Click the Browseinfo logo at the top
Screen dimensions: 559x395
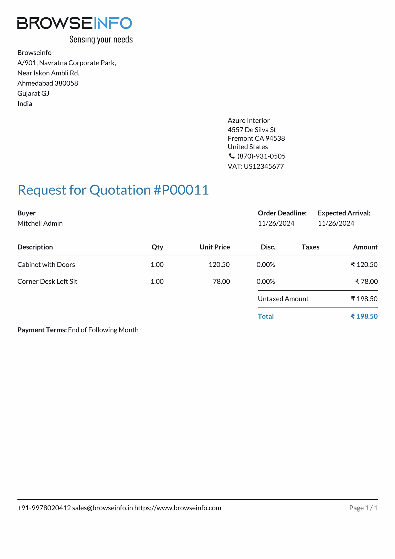(75, 23)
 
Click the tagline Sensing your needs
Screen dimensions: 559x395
(101, 39)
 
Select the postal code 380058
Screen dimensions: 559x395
(66, 83)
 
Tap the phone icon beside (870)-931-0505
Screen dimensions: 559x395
(232, 156)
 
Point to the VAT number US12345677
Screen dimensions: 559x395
(264, 166)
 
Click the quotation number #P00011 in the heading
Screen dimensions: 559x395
(181, 190)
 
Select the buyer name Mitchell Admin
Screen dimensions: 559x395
(40, 223)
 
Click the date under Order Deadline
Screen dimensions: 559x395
(276, 223)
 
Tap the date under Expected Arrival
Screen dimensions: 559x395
(336, 223)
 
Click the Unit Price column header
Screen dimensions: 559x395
(215, 247)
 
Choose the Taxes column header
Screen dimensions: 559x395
(310, 247)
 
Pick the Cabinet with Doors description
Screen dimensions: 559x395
(46, 265)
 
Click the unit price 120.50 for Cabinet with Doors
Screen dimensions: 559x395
(219, 265)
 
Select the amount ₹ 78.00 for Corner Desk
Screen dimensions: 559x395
(366, 282)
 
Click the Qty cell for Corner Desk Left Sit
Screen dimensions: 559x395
(157, 282)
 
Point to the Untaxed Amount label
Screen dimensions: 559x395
(283, 299)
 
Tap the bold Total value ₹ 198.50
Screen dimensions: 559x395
(364, 316)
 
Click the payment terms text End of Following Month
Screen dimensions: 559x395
(103, 330)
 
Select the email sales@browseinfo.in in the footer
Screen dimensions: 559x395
(102, 508)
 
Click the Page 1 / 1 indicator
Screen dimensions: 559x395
(363, 508)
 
